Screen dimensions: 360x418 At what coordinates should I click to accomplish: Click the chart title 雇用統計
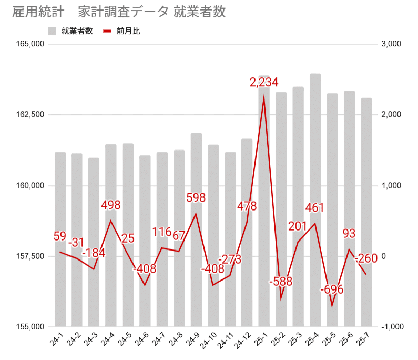(x=35, y=12)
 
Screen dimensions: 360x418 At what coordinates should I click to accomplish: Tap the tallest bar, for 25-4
(x=315, y=200)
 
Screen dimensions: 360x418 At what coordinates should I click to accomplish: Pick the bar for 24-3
(x=94, y=242)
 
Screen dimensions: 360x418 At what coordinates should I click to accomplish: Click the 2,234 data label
(x=264, y=83)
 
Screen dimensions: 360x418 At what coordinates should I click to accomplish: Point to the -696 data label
(x=331, y=289)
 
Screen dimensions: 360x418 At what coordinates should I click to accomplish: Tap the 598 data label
(x=196, y=198)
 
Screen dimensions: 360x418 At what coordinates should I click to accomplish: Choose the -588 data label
(x=281, y=282)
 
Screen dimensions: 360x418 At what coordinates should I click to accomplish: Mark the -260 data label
(x=366, y=259)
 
